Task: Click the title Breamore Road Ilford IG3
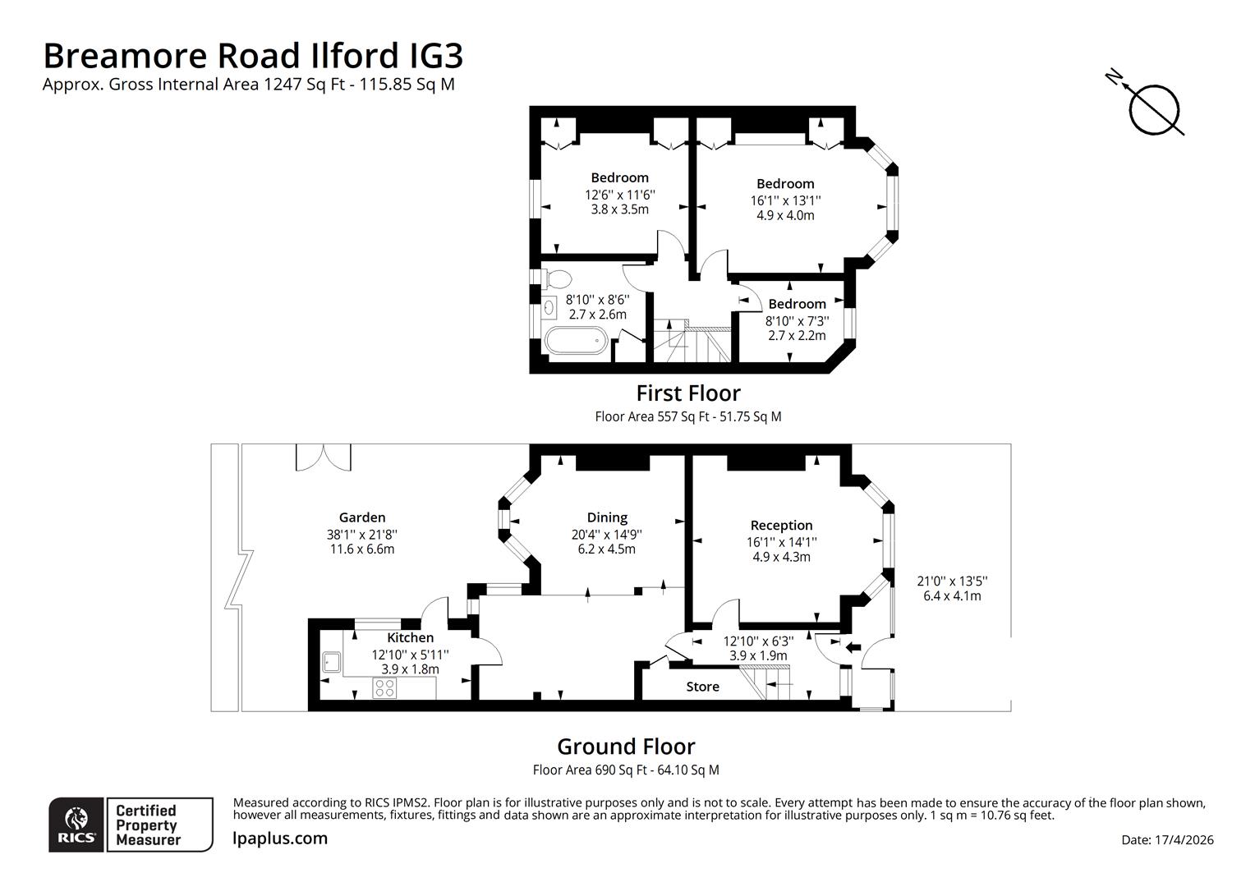coord(253,56)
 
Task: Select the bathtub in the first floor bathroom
coord(576,341)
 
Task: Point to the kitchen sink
coord(333,661)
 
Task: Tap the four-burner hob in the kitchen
coord(384,687)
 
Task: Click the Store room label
coord(702,687)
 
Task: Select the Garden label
coord(362,517)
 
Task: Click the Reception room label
coord(781,526)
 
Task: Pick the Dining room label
coord(607,517)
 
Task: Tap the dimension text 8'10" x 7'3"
coord(798,321)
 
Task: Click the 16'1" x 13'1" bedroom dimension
coord(785,200)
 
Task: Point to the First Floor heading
coord(688,393)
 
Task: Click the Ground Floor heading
coord(626,747)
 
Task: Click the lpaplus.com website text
coord(280,839)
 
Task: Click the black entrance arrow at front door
coord(853,647)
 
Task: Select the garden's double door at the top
coord(323,457)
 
